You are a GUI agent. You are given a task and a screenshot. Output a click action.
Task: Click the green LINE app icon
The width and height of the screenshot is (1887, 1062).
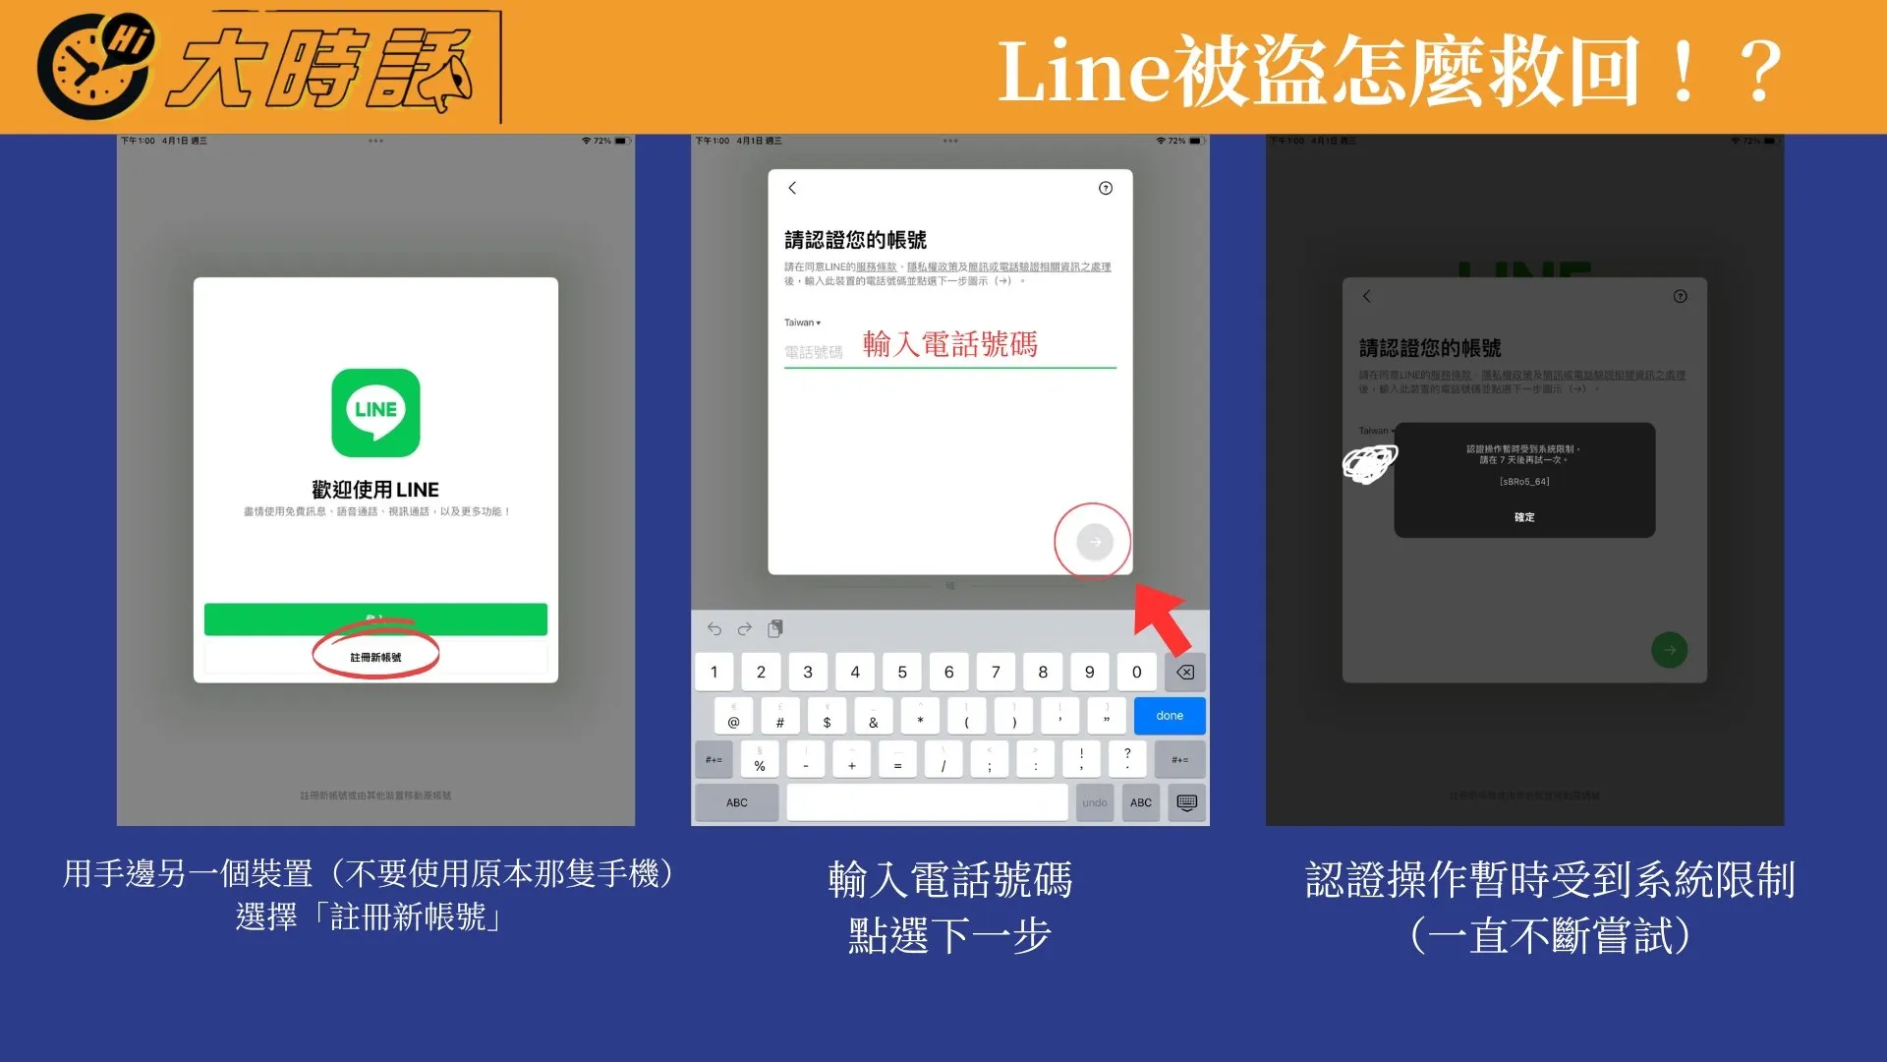click(x=375, y=413)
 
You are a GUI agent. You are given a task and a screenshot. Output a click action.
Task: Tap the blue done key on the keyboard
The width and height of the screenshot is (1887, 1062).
click(x=1169, y=716)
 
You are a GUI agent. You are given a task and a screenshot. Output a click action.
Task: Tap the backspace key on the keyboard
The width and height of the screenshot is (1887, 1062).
click(x=1185, y=673)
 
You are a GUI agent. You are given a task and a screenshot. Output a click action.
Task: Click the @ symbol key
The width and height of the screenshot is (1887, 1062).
click(x=733, y=717)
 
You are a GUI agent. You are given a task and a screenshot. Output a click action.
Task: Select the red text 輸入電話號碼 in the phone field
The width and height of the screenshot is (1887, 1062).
click(x=949, y=344)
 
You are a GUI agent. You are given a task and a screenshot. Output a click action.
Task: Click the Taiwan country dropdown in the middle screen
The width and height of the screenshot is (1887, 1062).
click(x=802, y=323)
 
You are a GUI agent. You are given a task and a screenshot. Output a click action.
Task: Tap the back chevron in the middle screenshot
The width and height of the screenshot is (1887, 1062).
click(x=792, y=188)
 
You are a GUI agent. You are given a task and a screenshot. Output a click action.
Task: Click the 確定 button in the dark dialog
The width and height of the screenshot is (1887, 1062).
click(x=1524, y=517)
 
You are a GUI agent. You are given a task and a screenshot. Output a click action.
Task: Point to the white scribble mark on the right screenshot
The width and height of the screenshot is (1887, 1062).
click(x=1369, y=463)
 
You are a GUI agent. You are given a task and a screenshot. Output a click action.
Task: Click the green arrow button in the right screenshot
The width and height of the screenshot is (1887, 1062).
click(x=1669, y=650)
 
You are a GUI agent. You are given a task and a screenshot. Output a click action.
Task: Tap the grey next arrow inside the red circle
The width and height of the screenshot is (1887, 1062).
click(x=1094, y=542)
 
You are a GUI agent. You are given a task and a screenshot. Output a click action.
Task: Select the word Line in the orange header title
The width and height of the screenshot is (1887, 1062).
click(x=1083, y=72)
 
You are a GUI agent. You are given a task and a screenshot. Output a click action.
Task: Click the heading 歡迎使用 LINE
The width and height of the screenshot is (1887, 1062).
click(x=375, y=490)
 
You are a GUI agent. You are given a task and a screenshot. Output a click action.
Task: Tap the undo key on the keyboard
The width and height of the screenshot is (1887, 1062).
click(x=1094, y=802)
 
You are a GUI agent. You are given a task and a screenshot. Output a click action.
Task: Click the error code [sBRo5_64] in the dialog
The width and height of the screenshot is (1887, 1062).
click(x=1524, y=482)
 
